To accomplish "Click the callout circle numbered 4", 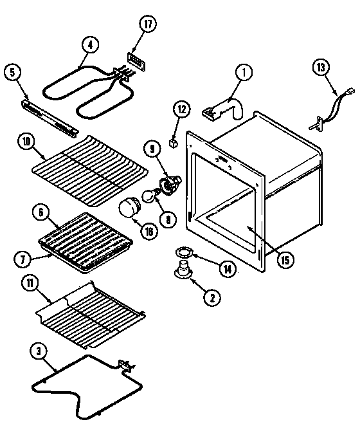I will click(x=91, y=45).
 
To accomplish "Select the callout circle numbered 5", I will click(x=12, y=72).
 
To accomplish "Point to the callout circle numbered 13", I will click(x=321, y=66).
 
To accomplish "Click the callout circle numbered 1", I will click(x=244, y=73).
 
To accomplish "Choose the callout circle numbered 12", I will click(x=181, y=110).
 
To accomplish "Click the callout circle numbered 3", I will click(x=39, y=351).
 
